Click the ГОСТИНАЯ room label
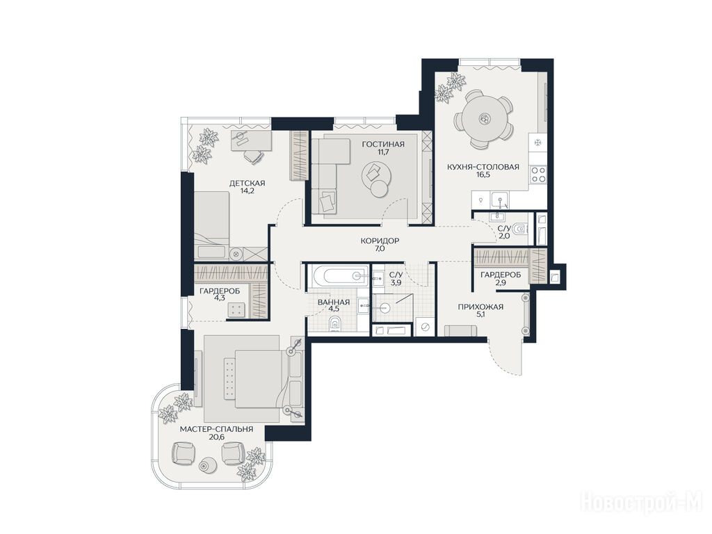pyautogui.click(x=383, y=145)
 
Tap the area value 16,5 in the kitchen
pyautogui.click(x=483, y=175)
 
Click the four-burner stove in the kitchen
pyautogui.click(x=539, y=175)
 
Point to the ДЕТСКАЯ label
pyautogui.click(x=247, y=184)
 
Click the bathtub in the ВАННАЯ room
pyautogui.click(x=339, y=275)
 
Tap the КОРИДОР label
pyautogui.click(x=380, y=241)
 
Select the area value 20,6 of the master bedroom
pyautogui.click(x=217, y=437)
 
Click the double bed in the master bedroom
pyautogui.click(x=258, y=376)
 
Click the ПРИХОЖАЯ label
pyautogui.click(x=480, y=307)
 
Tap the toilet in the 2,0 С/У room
pyautogui.click(x=521, y=229)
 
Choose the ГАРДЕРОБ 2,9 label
pyautogui.click(x=501, y=278)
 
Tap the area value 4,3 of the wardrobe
pyautogui.click(x=220, y=298)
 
